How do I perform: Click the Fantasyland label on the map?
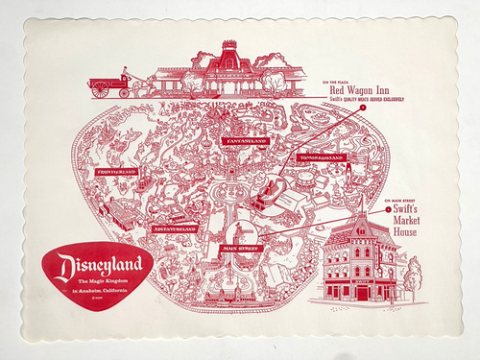242,142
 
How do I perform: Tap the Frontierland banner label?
116,172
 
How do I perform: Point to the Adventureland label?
174,230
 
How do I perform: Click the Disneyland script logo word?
101,263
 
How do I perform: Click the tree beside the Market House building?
411,278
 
